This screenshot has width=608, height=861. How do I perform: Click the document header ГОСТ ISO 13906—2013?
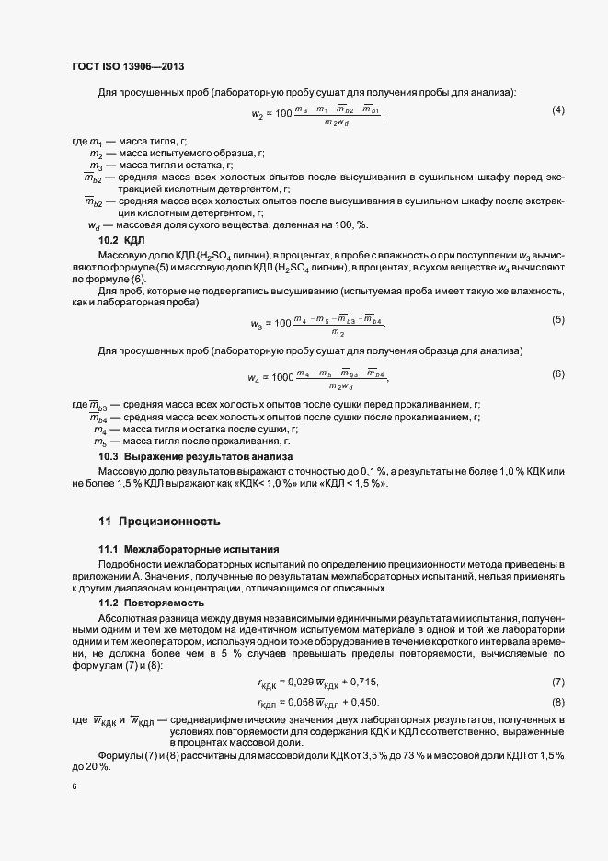[x=133, y=66]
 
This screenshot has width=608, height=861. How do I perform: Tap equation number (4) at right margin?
[x=557, y=110]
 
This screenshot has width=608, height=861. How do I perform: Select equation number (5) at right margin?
[x=557, y=319]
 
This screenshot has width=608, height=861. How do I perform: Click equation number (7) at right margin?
[x=557, y=681]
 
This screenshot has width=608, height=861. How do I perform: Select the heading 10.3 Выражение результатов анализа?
[x=195, y=456]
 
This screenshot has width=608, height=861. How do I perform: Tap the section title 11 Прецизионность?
[x=159, y=522]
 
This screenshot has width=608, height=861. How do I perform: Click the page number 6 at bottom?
[x=74, y=787]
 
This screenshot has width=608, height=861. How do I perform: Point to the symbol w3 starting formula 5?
[x=257, y=324]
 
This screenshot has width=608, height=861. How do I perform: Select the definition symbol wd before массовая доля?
[x=93, y=225]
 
